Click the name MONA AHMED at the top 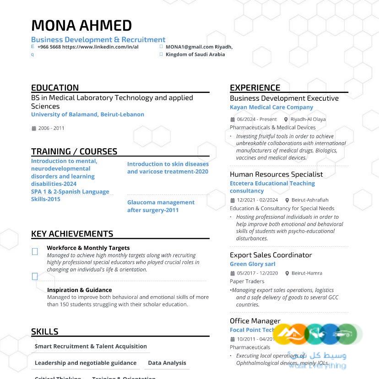click(x=81, y=26)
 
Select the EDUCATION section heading click(x=55, y=87)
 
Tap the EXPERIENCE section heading click(x=255, y=87)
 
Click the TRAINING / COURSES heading click(x=74, y=152)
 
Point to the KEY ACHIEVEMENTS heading click(x=72, y=233)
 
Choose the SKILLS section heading click(x=44, y=331)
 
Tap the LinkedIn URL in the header click(x=100, y=47)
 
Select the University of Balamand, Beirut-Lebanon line click(x=87, y=114)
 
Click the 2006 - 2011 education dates click(x=51, y=128)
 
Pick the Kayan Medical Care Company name click(x=271, y=107)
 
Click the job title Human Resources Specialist click(x=276, y=174)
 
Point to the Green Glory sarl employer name click(x=252, y=264)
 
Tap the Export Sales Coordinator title click(x=271, y=255)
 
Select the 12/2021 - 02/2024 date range click(x=257, y=200)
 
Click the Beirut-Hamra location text click(x=307, y=273)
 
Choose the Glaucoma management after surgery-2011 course click(x=161, y=206)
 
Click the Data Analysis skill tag click(x=167, y=363)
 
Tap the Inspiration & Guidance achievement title click(x=79, y=290)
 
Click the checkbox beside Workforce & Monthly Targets click(x=35, y=251)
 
